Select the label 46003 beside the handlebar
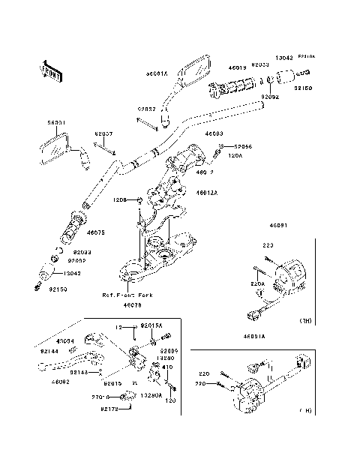tap(206, 133)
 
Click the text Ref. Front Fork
tap(127, 295)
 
